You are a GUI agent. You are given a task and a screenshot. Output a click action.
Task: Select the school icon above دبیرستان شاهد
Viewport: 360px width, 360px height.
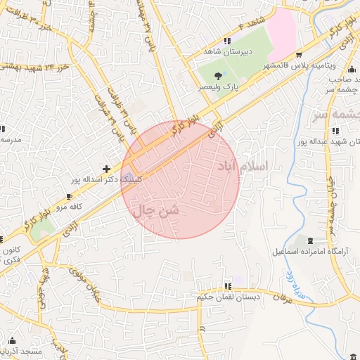point(226,41)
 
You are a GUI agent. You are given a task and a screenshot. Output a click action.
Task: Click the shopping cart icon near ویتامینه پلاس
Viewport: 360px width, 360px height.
point(299,54)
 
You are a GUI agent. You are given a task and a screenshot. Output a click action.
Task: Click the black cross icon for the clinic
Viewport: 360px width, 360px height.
point(105,169)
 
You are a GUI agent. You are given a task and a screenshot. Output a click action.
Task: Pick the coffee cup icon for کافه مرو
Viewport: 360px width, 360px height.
point(69,195)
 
